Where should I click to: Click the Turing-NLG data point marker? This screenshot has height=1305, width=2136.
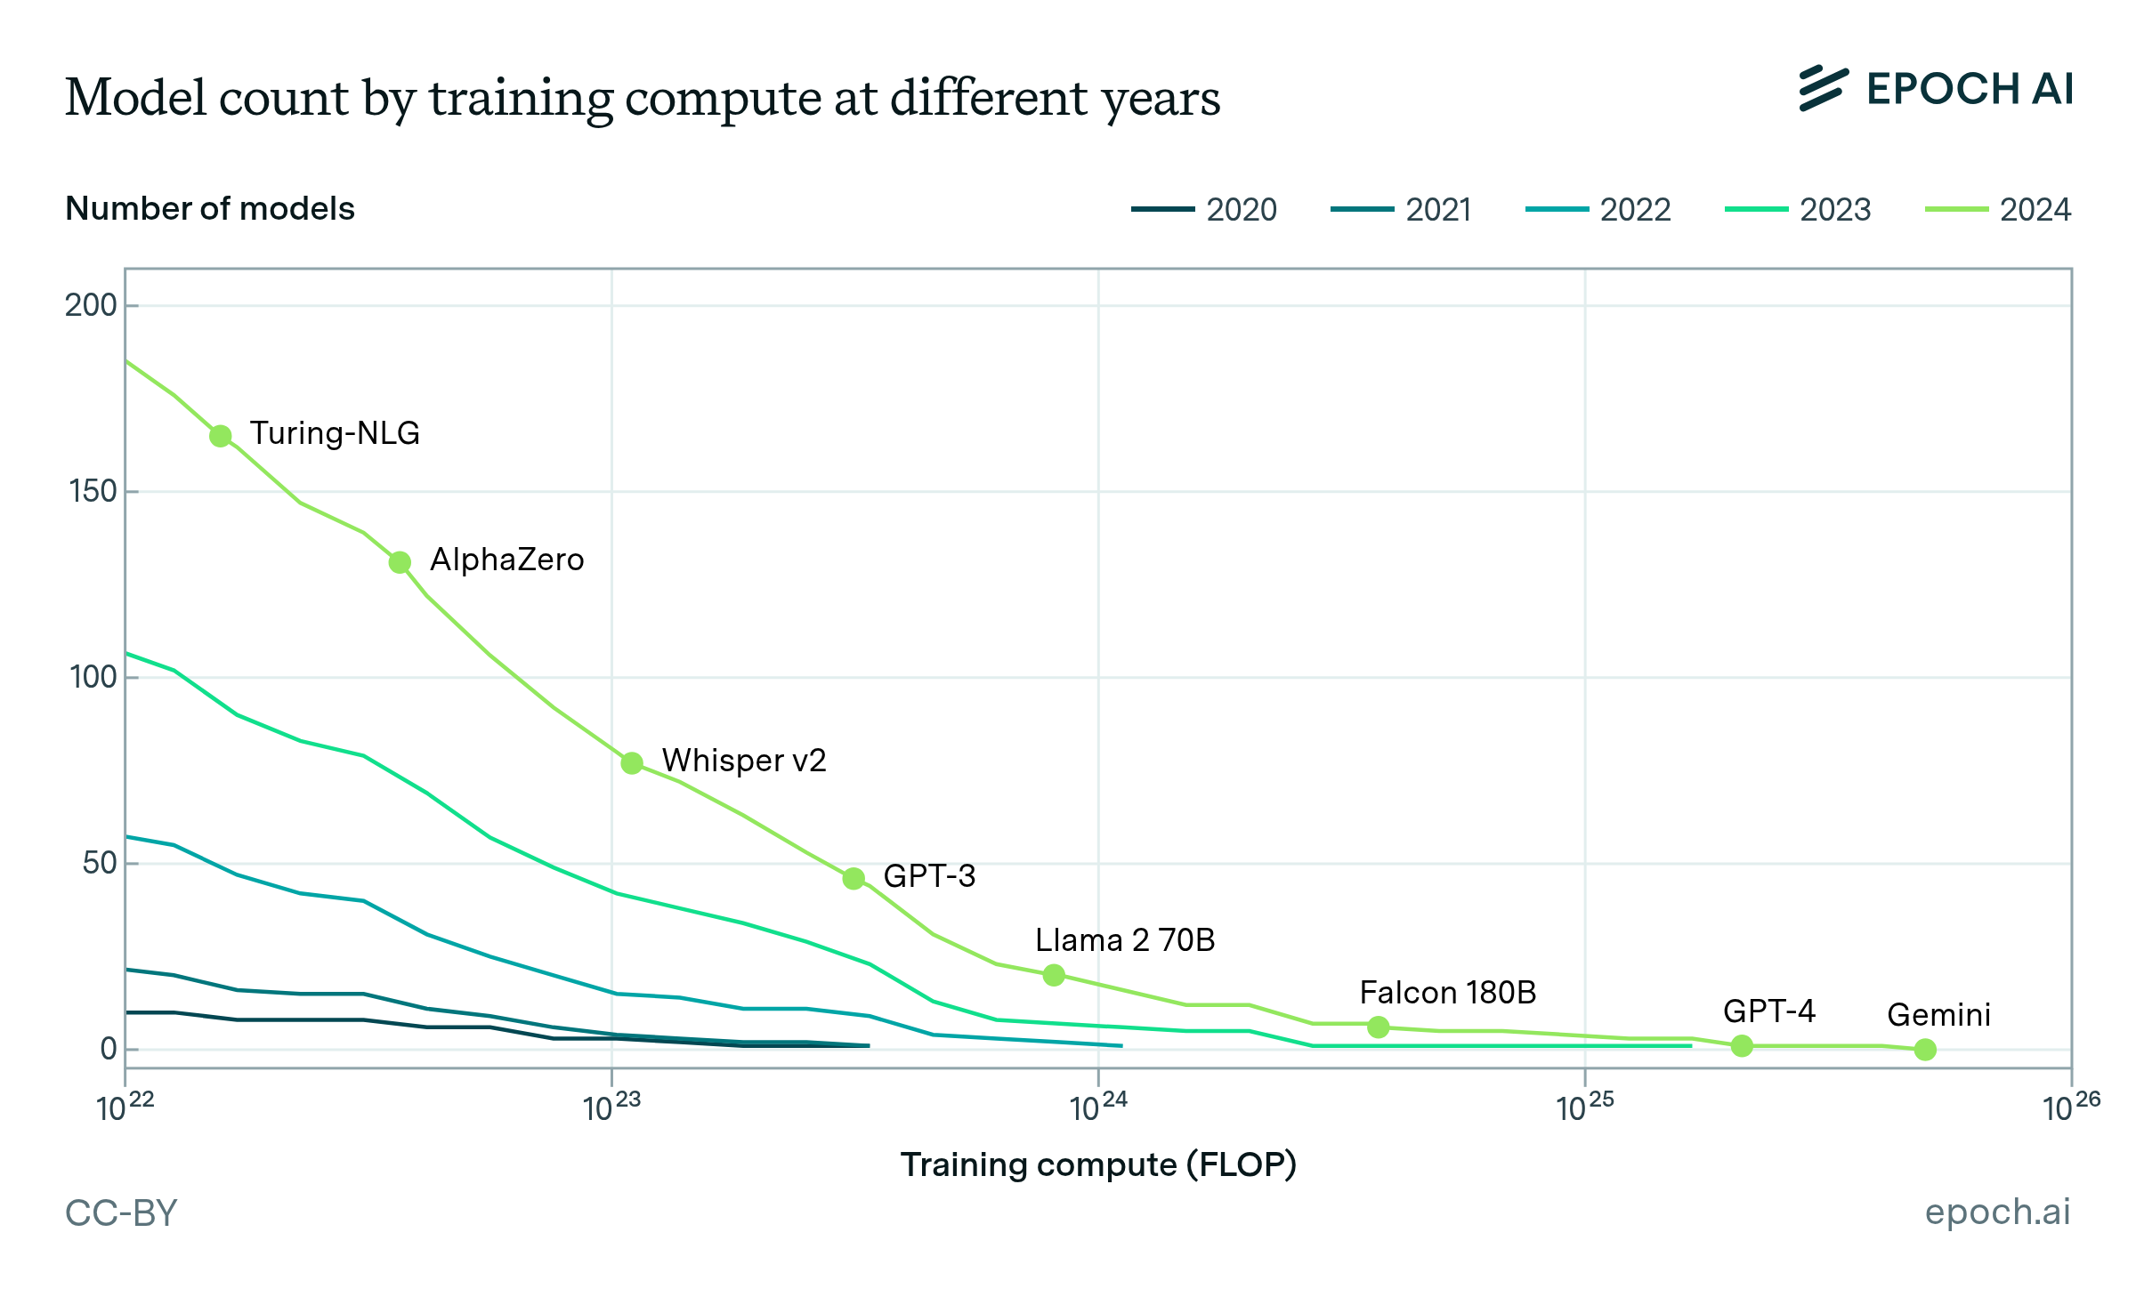pos(221,436)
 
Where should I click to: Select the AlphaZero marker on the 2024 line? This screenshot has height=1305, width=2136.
pos(400,562)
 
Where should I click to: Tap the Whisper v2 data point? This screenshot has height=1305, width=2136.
pos(632,763)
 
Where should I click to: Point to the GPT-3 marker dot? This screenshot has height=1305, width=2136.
pos(854,879)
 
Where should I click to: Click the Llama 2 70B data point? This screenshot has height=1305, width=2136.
pos(1054,975)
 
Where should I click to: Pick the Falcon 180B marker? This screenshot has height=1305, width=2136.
pos(1379,1027)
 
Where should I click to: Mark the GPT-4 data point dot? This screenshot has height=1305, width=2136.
pos(1742,1046)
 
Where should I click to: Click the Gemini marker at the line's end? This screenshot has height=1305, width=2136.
pos(1925,1050)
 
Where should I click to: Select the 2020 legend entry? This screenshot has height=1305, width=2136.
pos(1204,210)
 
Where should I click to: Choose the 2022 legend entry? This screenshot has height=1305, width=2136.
pos(1598,210)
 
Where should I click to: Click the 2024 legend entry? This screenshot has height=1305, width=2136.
pos(1998,210)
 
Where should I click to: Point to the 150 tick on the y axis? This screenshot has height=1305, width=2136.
pos(93,491)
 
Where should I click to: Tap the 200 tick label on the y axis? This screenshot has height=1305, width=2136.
pos(91,305)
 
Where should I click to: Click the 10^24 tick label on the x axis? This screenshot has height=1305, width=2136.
pos(1098,1108)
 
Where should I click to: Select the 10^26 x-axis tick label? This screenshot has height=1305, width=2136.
pos(2070,1108)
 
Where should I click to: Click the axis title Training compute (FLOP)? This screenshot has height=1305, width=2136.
pos(1098,1164)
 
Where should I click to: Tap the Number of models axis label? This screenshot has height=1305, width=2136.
pos(210,209)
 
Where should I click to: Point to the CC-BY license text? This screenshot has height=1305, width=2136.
pos(122,1213)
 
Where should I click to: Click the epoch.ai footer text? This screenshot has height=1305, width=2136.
pos(1997,1212)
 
